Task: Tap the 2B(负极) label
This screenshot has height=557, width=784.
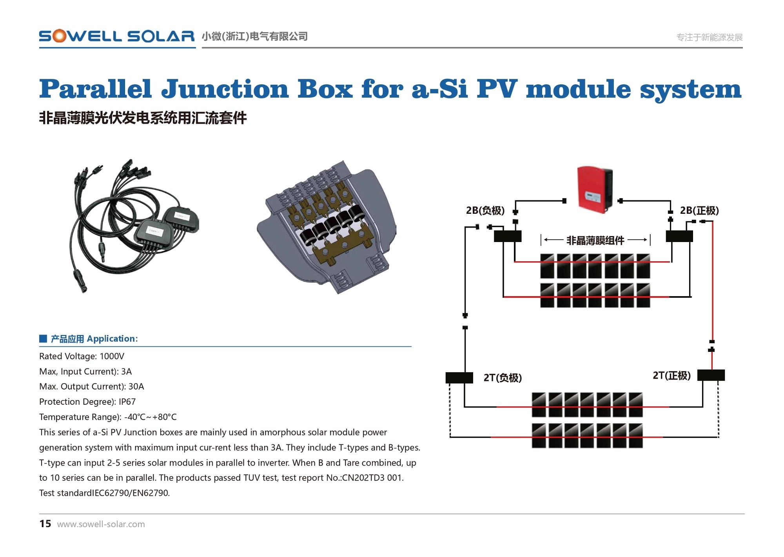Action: pyautogui.click(x=485, y=211)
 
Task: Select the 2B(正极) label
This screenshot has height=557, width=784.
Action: pyautogui.click(x=699, y=211)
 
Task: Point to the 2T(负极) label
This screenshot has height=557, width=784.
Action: pyautogui.click(x=503, y=378)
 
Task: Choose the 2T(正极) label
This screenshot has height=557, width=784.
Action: pyautogui.click(x=671, y=375)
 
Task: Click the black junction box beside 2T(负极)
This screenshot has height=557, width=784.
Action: pyautogui.click(x=459, y=377)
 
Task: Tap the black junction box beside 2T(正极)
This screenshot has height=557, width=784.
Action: pyautogui.click(x=711, y=375)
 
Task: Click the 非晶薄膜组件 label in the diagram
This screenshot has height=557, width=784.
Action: pyautogui.click(x=595, y=240)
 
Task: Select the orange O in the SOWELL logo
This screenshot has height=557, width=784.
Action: pyautogui.click(x=60, y=36)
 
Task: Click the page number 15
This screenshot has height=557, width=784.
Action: pyautogui.click(x=45, y=524)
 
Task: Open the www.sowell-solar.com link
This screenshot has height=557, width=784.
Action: pyautogui.click(x=101, y=524)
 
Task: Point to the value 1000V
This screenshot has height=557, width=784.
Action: pyautogui.click(x=112, y=356)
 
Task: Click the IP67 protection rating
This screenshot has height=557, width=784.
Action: pyautogui.click(x=127, y=402)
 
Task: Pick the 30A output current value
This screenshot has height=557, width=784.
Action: pyautogui.click(x=136, y=386)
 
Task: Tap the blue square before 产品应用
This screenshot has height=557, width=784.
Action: pyautogui.click(x=43, y=339)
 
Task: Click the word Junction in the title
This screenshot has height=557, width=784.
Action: pyautogui.click(x=225, y=89)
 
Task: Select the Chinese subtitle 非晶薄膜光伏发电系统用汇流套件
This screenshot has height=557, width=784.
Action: pyautogui.click(x=143, y=118)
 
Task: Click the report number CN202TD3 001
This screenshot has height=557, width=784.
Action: pyautogui.click(x=372, y=478)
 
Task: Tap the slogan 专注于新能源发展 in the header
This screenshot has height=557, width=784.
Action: pyautogui.click(x=710, y=37)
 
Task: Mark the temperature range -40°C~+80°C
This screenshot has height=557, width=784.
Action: pyautogui.click(x=150, y=417)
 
